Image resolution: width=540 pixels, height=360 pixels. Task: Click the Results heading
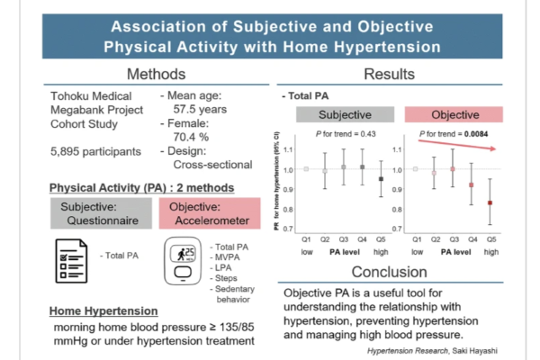click(388, 73)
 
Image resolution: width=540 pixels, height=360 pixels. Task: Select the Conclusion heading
click(388, 272)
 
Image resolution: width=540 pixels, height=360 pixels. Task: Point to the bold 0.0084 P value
click(471, 134)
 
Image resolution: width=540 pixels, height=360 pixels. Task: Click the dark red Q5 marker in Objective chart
click(490, 202)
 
